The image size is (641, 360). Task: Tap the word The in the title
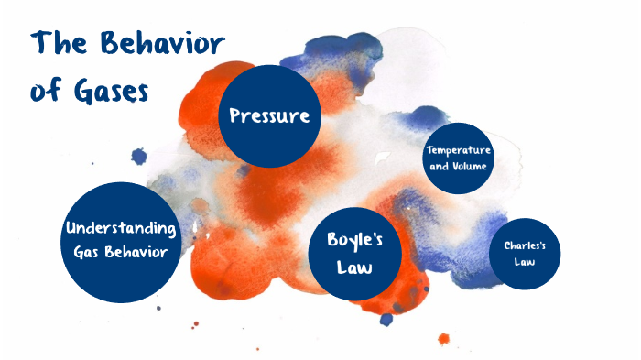(x=61, y=45)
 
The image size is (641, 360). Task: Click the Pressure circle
(x=269, y=117)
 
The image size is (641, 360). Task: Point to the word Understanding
(x=121, y=228)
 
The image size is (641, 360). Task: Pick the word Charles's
(x=525, y=245)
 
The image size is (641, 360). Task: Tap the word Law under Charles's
(x=525, y=262)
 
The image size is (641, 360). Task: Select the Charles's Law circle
(x=525, y=253)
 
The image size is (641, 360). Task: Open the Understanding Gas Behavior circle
(x=121, y=241)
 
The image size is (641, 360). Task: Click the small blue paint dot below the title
(x=138, y=156)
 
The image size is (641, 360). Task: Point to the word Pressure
(x=269, y=117)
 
